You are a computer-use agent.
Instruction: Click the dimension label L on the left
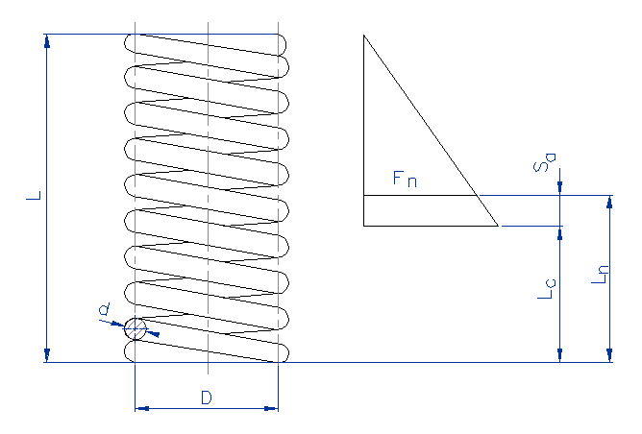(33, 196)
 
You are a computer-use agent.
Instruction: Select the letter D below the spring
(206, 397)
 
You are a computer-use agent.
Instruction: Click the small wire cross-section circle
(136, 328)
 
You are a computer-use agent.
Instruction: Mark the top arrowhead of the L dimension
(46, 39)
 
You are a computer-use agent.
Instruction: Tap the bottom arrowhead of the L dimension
(46, 357)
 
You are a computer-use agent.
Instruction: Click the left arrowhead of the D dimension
(139, 409)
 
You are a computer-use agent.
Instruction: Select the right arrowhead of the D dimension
(273, 409)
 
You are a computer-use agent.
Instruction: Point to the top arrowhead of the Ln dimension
(609, 201)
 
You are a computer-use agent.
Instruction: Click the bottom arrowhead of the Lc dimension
(559, 357)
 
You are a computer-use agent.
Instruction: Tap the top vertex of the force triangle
(363, 36)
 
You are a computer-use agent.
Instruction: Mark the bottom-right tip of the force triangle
(498, 226)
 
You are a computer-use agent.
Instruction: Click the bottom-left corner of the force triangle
(363, 226)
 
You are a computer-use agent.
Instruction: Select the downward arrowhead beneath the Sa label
(559, 190)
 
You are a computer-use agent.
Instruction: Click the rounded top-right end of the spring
(284, 42)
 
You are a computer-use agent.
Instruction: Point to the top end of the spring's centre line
(208, 24)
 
